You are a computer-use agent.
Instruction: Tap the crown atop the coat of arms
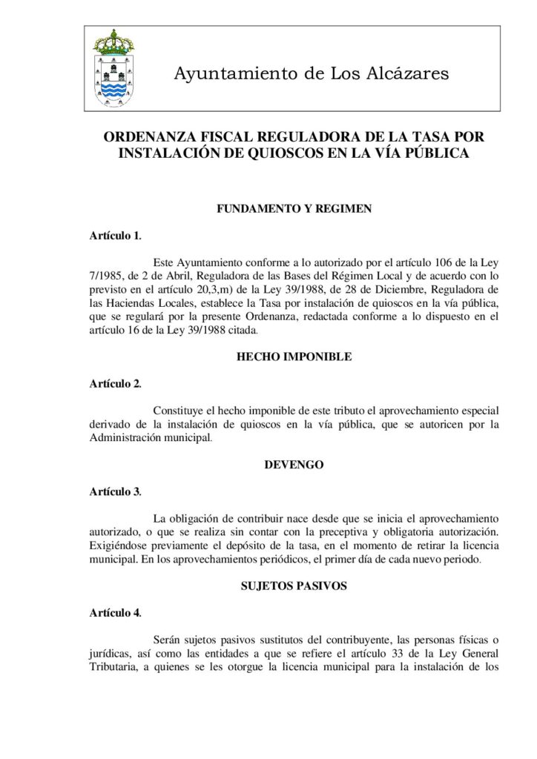point(113,41)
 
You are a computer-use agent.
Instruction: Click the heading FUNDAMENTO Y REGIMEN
point(294,209)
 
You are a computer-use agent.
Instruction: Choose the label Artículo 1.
point(115,236)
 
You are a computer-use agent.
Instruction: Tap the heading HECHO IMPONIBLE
point(294,357)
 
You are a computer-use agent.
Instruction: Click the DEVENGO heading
point(294,465)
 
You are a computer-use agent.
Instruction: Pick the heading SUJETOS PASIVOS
point(294,586)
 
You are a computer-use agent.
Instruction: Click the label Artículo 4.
point(115,612)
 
